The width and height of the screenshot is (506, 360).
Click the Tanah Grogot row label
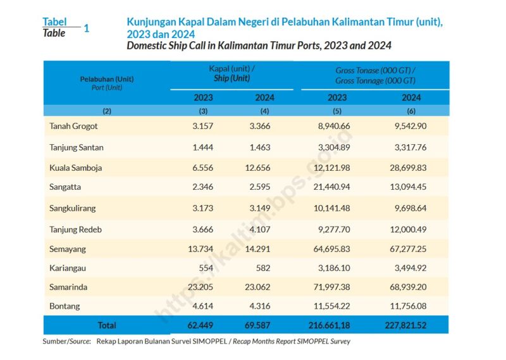pyautogui.click(x=73, y=126)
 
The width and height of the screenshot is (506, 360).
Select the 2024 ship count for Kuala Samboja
pyautogui.click(x=257, y=168)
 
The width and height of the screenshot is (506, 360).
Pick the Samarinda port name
pyautogui.click(x=68, y=287)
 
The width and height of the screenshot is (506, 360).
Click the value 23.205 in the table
pyautogui.click(x=201, y=287)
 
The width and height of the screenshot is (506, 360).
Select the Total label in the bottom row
pyautogui.click(x=106, y=325)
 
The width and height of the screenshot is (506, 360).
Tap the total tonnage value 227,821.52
pyautogui.click(x=409, y=325)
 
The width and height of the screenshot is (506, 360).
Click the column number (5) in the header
pyautogui.click(x=337, y=111)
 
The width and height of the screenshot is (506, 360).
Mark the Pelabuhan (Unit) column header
pyautogui.click(x=107, y=79)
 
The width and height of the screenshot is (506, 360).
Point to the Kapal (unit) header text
pyautogui.click(x=231, y=68)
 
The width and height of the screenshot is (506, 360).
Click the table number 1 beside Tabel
pyautogui.click(x=87, y=28)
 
